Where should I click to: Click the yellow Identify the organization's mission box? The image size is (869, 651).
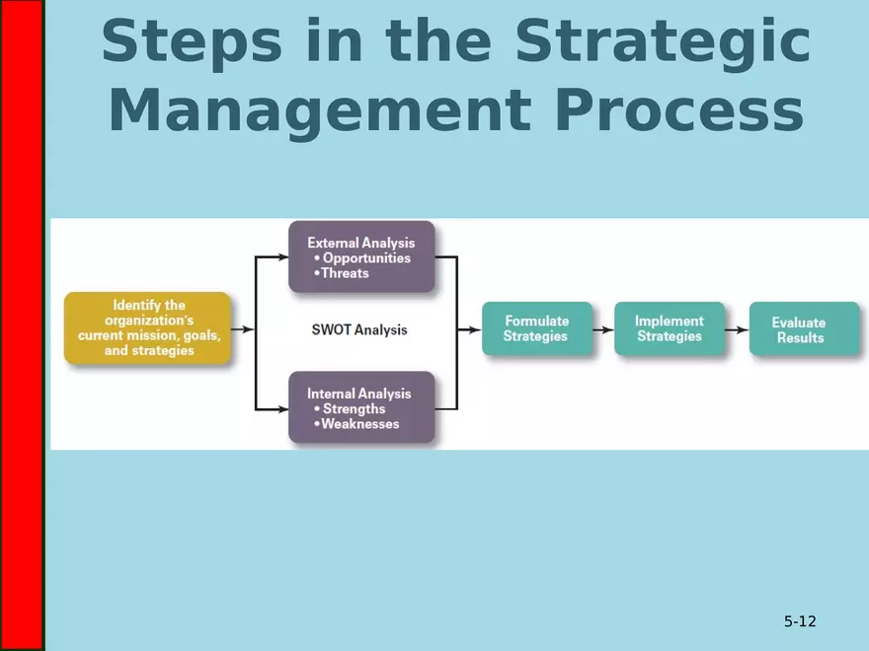click(x=148, y=328)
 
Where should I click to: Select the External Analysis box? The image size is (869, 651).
click(x=361, y=256)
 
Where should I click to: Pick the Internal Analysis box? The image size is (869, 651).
click(x=361, y=407)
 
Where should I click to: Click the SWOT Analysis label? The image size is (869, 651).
click(x=353, y=329)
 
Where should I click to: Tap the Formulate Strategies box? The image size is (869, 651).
click(x=536, y=328)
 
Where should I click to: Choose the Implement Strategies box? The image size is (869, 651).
click(x=669, y=328)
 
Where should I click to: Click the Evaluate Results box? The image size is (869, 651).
click(x=801, y=329)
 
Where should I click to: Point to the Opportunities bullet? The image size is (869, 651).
click(x=365, y=258)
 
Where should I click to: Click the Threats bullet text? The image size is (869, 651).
click(x=345, y=273)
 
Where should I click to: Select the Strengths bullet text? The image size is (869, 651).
click(x=354, y=409)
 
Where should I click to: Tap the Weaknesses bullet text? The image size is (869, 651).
click(x=360, y=424)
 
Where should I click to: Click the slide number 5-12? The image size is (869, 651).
click(x=800, y=621)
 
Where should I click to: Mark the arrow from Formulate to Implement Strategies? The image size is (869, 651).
click(x=603, y=329)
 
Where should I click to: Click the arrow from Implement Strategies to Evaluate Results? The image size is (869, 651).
click(x=736, y=329)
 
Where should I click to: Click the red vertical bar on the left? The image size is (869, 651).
click(x=22, y=325)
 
